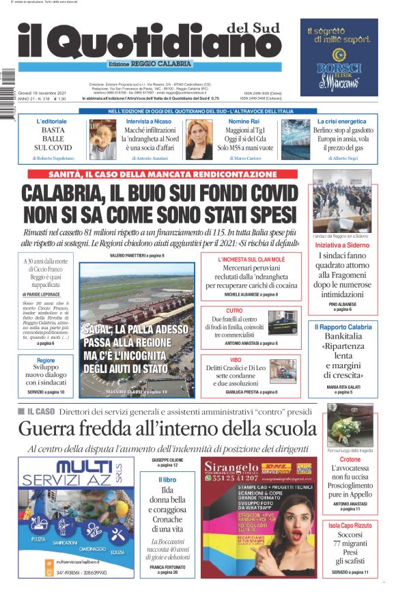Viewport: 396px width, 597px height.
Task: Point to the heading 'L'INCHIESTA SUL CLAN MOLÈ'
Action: (251, 260)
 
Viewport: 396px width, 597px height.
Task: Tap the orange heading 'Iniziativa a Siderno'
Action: (341, 244)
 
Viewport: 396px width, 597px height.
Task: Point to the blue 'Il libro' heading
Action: (167, 480)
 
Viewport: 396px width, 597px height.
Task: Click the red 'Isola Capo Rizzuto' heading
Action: (350, 525)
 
